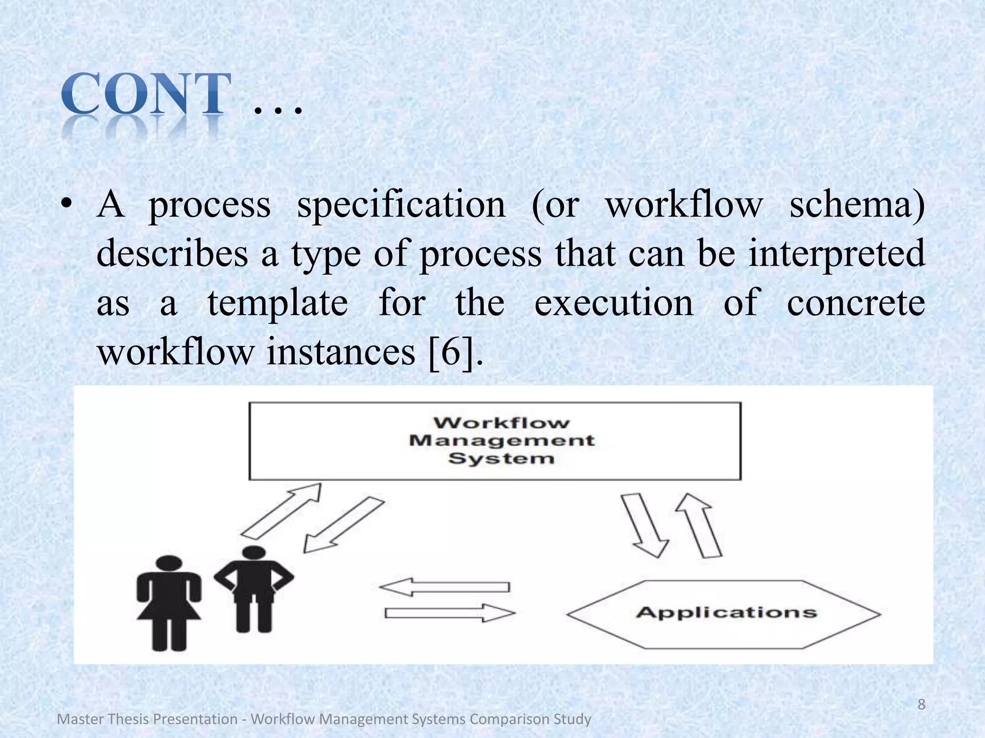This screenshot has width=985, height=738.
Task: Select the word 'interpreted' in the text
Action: coord(836,254)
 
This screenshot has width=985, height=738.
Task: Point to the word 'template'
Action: coord(278,303)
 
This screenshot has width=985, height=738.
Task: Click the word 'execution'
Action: coord(614,303)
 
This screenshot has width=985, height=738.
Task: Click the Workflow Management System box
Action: coord(495,441)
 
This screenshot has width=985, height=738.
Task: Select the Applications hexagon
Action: coord(724,614)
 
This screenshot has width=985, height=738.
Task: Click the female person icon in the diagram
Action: coord(169,603)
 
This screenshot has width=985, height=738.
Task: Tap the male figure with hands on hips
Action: coord(253,588)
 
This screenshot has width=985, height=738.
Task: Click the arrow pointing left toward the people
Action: coord(444,587)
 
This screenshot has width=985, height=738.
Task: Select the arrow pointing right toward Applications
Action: coord(450,613)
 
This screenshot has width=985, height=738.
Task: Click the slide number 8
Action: coord(922,704)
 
